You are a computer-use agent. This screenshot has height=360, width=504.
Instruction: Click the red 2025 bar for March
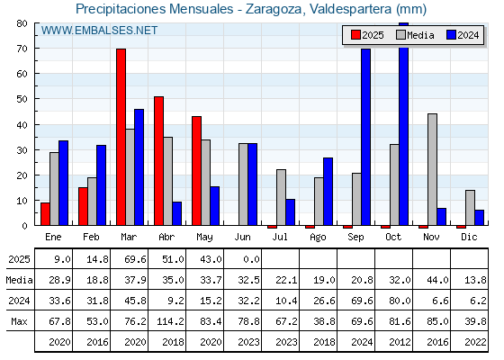[121, 137]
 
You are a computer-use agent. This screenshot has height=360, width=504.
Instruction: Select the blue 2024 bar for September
[365, 137]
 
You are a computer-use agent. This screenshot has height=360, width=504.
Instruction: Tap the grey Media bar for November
[432, 169]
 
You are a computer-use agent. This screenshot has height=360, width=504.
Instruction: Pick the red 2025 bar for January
[45, 214]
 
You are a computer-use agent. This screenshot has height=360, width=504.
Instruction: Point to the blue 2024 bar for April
[176, 213]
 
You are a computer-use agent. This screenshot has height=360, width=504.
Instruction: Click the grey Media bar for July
[281, 197]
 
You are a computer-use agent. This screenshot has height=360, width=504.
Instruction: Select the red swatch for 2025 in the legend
[355, 35]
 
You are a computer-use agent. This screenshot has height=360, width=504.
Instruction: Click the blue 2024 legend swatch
[451, 35]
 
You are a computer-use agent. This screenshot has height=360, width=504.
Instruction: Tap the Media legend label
[420, 35]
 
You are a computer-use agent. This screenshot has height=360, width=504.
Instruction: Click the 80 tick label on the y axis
[22, 23]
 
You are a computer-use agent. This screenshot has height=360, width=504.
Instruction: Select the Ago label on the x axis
[318, 238]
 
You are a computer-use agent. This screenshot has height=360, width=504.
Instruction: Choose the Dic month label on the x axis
[469, 237]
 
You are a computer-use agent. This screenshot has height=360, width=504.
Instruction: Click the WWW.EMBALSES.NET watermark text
[99, 31]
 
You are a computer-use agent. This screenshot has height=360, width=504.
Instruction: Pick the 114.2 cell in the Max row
[170, 321]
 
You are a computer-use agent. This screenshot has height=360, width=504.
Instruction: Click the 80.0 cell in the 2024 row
[400, 301]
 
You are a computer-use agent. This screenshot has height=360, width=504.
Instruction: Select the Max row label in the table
[19, 321]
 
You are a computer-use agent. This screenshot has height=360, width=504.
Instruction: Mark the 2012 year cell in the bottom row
[400, 342]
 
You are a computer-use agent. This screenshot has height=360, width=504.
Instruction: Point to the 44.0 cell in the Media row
[437, 280]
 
